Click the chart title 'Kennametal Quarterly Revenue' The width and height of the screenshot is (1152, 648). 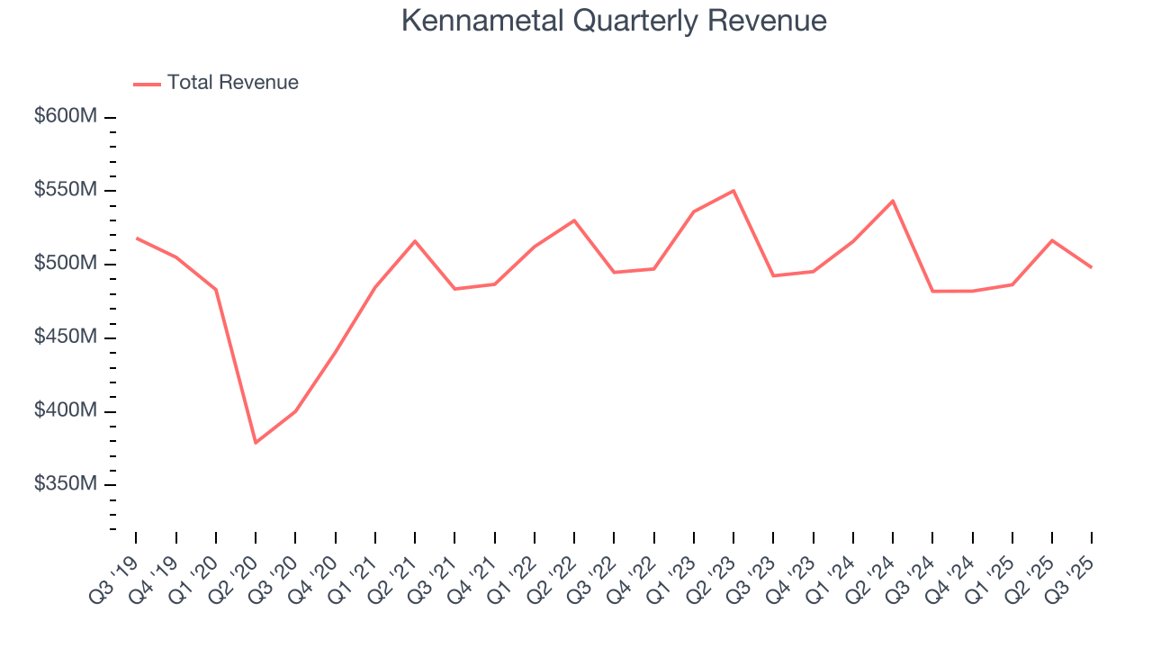pyautogui.click(x=613, y=20)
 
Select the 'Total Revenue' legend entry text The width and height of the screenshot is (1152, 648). pyautogui.click(x=232, y=83)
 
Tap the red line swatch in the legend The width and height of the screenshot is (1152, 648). pyautogui.click(x=147, y=84)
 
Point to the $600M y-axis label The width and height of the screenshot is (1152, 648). pyautogui.click(x=67, y=117)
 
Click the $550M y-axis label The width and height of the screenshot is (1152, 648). pyautogui.click(x=67, y=191)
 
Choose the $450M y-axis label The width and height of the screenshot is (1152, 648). pyautogui.click(x=67, y=337)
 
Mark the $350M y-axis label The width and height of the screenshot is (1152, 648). pyautogui.click(x=67, y=484)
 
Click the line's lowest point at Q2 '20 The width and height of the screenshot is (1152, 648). pyautogui.click(x=256, y=442)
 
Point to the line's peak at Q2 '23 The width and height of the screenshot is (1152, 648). pyautogui.click(x=733, y=191)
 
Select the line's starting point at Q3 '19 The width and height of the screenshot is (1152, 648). pyautogui.click(x=137, y=238)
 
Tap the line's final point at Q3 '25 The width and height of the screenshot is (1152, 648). pyautogui.click(x=1092, y=267)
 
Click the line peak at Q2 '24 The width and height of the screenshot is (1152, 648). pyautogui.click(x=893, y=201)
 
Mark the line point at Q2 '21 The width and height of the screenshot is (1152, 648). pyautogui.click(x=415, y=241)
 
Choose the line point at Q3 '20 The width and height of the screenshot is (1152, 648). pyautogui.click(x=295, y=411)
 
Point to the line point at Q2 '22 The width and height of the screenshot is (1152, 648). pyautogui.click(x=574, y=220)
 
